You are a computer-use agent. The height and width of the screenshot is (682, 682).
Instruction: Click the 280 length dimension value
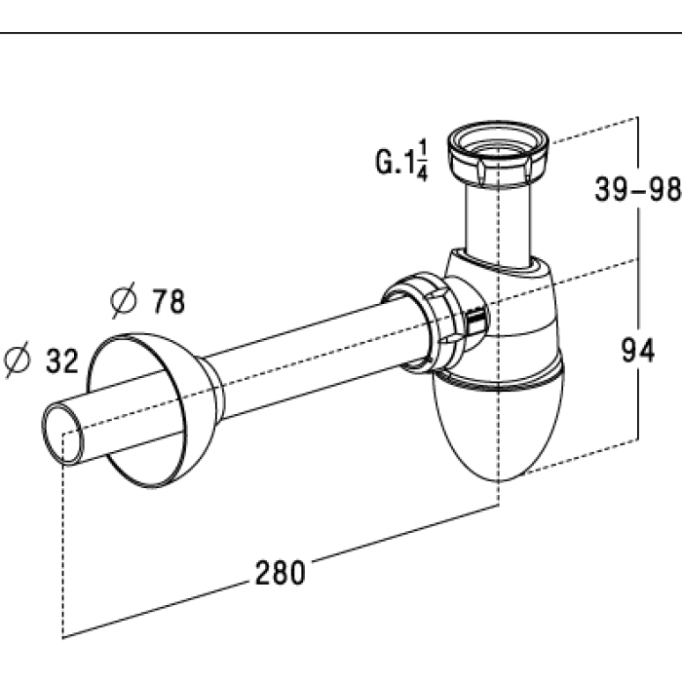(x=281, y=573)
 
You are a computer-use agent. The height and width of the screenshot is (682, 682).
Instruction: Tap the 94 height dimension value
(x=637, y=350)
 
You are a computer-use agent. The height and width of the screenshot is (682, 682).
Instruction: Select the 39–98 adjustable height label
(x=637, y=189)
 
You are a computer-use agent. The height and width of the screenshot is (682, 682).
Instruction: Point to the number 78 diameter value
(x=168, y=301)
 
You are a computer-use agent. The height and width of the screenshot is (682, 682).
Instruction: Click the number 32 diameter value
(x=62, y=360)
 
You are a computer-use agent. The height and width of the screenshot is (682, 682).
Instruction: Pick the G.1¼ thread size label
(x=401, y=160)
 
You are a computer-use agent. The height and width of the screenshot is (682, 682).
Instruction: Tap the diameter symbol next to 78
(x=124, y=300)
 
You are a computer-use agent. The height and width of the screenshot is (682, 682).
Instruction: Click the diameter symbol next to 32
(x=18, y=360)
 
